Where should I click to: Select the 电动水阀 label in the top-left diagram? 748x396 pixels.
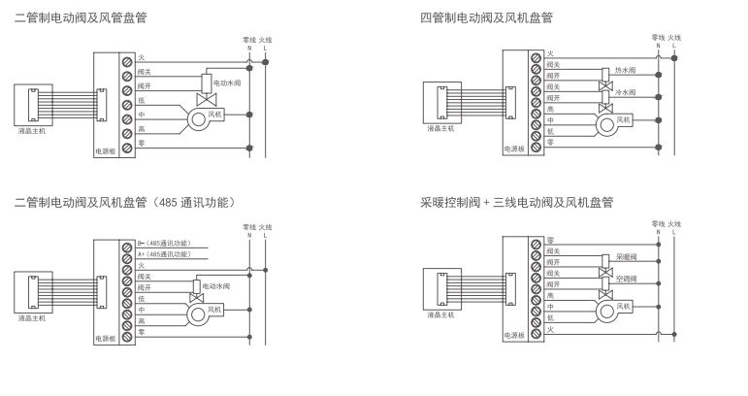226,83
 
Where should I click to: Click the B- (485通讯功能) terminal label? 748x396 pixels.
164,242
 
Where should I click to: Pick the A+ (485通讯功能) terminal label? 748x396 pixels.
164,253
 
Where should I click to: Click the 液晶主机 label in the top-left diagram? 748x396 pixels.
32,129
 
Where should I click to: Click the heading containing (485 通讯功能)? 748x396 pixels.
124,202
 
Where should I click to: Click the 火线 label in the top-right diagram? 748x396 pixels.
673,38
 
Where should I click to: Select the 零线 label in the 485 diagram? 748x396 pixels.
249,227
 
